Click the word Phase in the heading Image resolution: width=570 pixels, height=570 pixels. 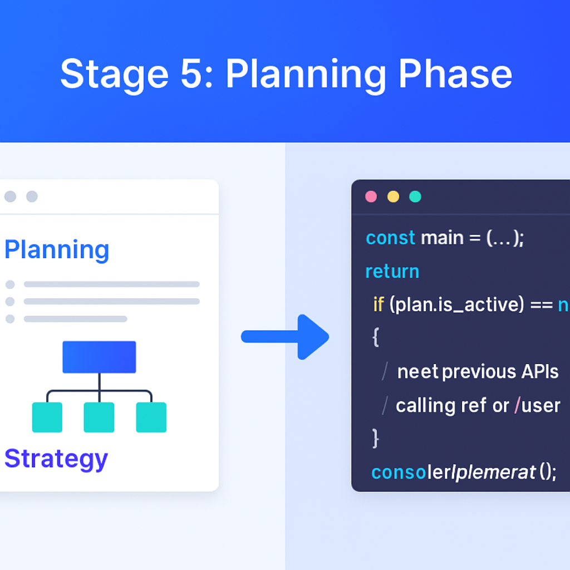[455, 74]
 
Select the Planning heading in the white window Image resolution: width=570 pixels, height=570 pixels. [57, 250]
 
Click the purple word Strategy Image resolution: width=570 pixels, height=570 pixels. [56, 459]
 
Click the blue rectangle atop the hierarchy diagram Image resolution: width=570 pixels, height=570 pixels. [99, 357]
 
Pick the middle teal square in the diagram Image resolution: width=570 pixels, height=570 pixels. [99, 417]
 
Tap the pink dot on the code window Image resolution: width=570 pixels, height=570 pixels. [371, 196]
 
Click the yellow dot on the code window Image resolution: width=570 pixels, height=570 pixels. [393, 196]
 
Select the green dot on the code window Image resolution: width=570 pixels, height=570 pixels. [415, 196]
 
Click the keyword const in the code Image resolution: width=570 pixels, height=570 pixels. [390, 238]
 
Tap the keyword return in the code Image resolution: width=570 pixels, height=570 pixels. [392, 271]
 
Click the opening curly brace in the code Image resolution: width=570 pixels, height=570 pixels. [375, 337]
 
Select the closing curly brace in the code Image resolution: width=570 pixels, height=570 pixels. [375, 438]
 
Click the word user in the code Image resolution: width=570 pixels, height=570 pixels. [540, 405]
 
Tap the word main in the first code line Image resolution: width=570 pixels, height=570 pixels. [443, 238]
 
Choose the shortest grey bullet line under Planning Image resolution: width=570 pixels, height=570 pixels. [75, 319]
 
